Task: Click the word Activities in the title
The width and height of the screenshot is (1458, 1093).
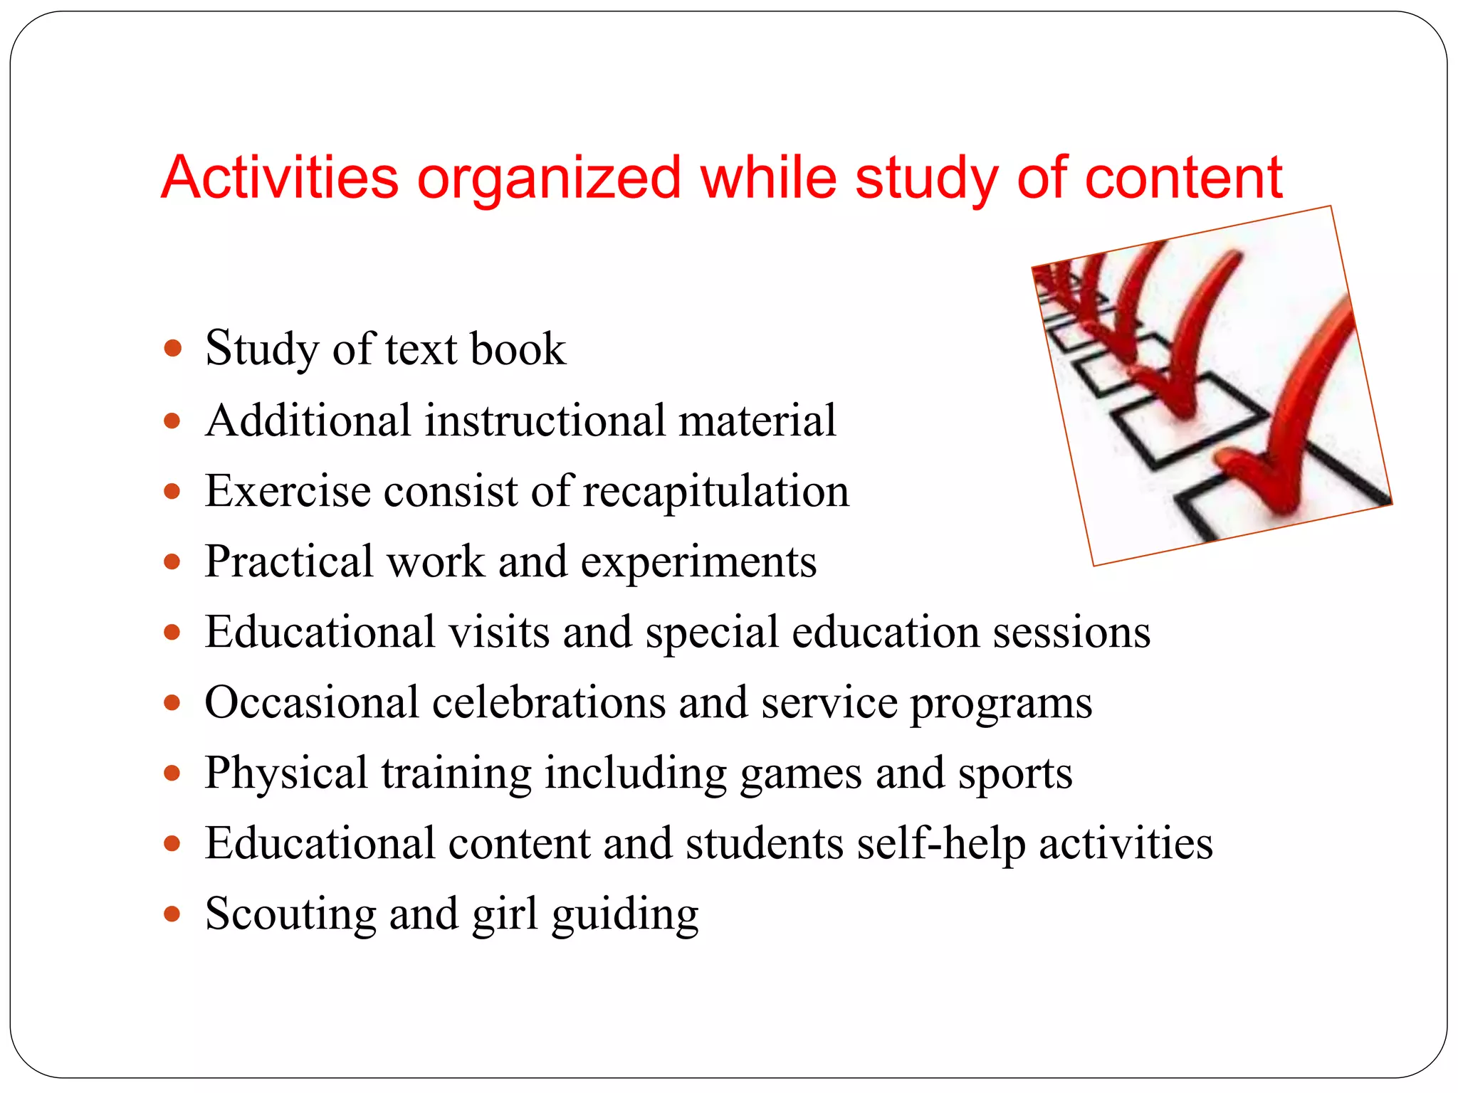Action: pos(279,178)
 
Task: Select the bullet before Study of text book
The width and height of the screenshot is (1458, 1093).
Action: pos(172,349)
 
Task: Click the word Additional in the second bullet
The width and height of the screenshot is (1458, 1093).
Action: pos(308,420)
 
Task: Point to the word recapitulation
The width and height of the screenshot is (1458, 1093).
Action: pos(715,492)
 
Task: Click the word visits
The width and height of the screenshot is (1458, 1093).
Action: pos(498,632)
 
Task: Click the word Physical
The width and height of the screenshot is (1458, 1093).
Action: pos(286,774)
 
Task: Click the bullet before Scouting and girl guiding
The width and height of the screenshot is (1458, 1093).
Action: pos(172,914)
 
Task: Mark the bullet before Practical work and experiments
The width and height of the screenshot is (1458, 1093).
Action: pos(172,562)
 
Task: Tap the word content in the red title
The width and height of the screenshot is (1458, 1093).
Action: pos(1183,178)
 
